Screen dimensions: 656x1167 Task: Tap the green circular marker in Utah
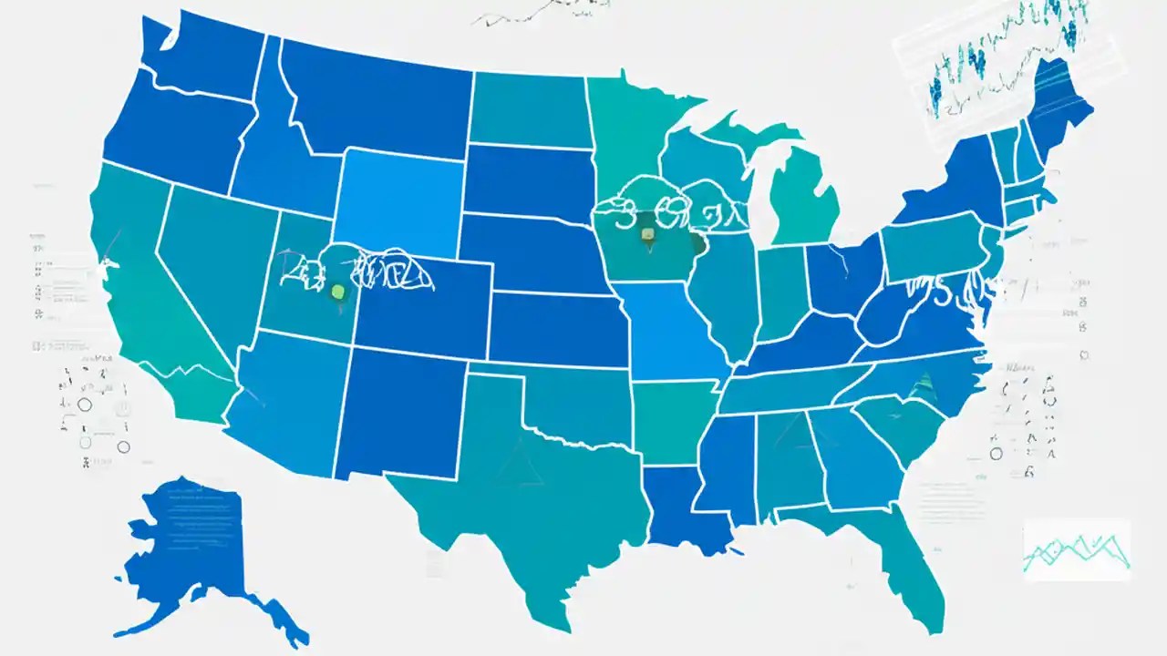pyautogui.click(x=338, y=292)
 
